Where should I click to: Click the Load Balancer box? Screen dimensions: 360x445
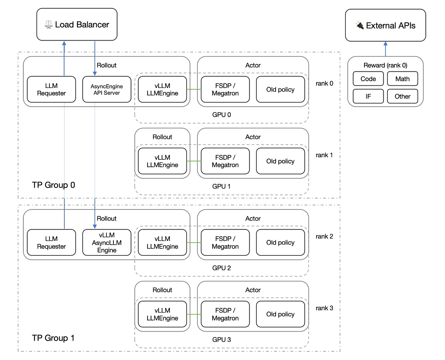pyautogui.click(x=77, y=24)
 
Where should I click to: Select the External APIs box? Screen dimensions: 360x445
pyautogui.click(x=385, y=25)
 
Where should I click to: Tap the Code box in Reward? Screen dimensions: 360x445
pyautogui.click(x=368, y=79)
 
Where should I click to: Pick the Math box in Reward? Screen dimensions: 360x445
pyautogui.click(x=402, y=79)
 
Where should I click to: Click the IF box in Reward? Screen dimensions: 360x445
pyautogui.click(x=368, y=96)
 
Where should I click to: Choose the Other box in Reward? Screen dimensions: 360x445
pyautogui.click(x=402, y=96)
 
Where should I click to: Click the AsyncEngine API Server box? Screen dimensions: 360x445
pyautogui.click(x=107, y=89)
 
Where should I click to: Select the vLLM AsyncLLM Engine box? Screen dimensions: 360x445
pyautogui.click(x=107, y=243)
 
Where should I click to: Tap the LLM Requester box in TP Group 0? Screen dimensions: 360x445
pyautogui.click(x=51, y=89)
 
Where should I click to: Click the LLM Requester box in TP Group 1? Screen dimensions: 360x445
pyautogui.click(x=51, y=243)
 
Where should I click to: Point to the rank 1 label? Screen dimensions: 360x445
pyautogui.click(x=324, y=155)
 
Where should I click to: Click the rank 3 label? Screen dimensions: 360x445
pyautogui.click(x=324, y=308)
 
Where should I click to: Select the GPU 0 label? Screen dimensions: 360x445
pyautogui.click(x=221, y=115)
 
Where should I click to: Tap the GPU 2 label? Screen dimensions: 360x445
pyautogui.click(x=221, y=268)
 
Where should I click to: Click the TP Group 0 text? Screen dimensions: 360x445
pyautogui.click(x=54, y=185)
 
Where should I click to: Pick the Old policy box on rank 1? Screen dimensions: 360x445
pyautogui.click(x=280, y=161)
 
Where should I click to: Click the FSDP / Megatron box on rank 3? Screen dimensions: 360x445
pyautogui.click(x=225, y=314)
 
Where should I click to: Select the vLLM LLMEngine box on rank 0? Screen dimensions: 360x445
pyautogui.click(x=162, y=89)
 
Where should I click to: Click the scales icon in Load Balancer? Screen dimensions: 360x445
pyautogui.click(x=49, y=25)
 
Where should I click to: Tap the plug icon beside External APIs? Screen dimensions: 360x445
pyautogui.click(x=360, y=25)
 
